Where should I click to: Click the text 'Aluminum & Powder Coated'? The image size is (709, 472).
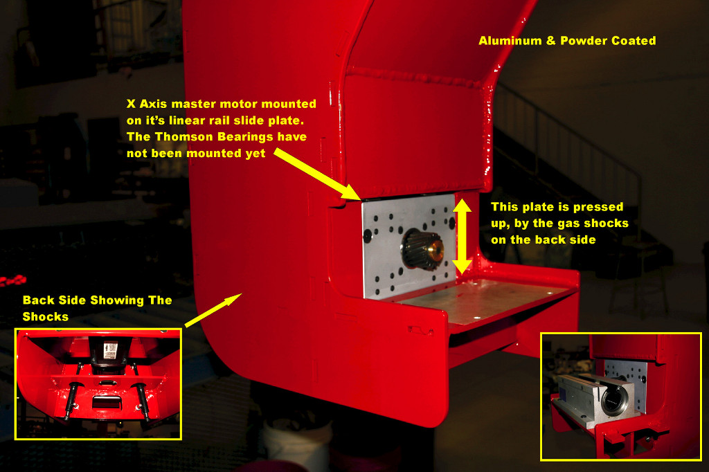tap(567, 41)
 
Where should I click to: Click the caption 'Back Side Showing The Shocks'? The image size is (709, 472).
tap(96, 308)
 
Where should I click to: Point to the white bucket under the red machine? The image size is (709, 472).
tap(297, 443)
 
